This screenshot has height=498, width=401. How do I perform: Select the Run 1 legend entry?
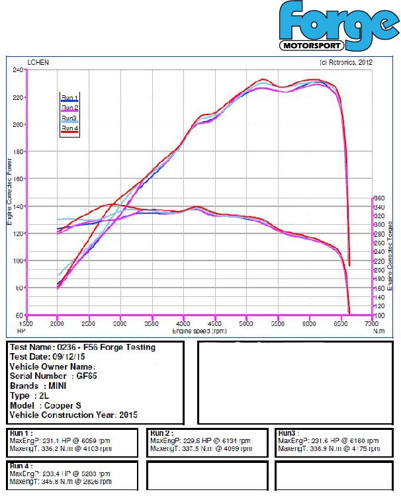69,98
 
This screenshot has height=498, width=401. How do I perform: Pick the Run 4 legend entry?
69,128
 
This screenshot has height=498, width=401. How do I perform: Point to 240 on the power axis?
18,69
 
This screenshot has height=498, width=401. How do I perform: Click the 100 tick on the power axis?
18,261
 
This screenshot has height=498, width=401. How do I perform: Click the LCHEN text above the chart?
38,63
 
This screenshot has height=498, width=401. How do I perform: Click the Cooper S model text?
67,405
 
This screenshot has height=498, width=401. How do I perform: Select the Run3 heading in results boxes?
287,433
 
